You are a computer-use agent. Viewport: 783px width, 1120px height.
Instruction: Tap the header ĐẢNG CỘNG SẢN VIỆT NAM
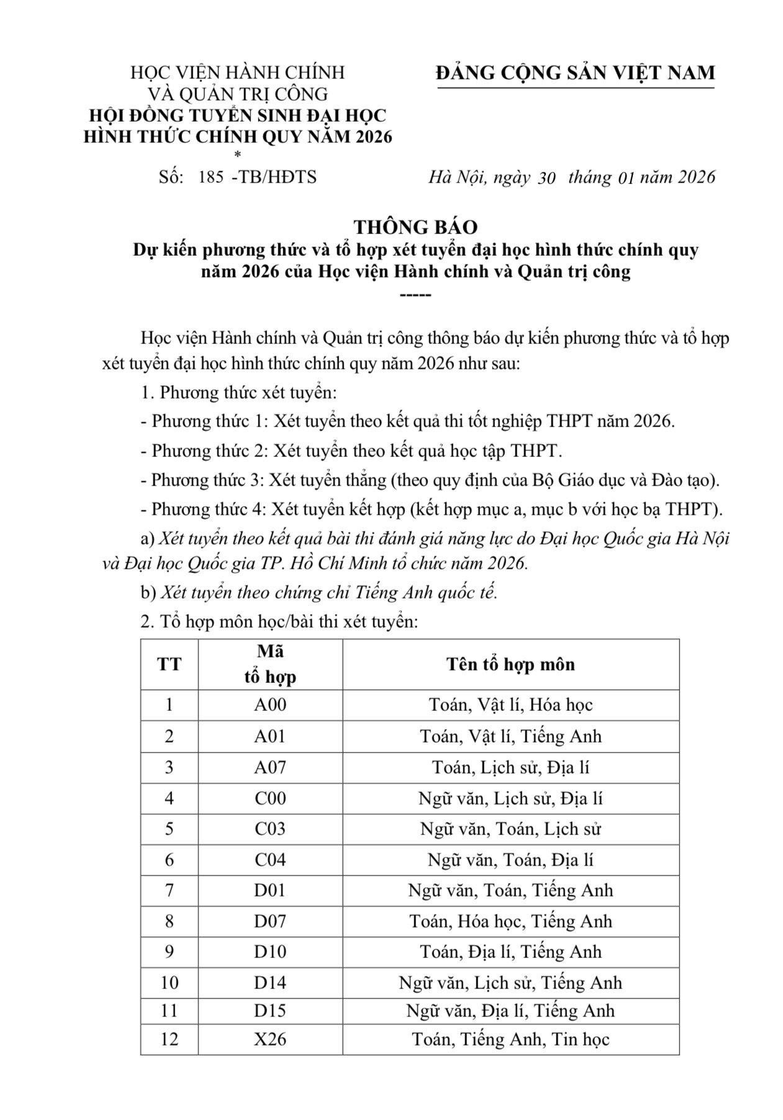[x=576, y=73]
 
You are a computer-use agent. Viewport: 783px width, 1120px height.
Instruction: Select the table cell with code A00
[x=270, y=705]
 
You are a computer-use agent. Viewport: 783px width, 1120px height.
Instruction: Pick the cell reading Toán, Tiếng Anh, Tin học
[x=510, y=1039]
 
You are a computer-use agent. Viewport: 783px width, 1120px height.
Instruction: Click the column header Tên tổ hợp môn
[x=510, y=664]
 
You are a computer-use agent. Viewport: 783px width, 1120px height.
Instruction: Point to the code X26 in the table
[x=270, y=1039]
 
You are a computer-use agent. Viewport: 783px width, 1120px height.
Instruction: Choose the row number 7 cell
[x=169, y=890]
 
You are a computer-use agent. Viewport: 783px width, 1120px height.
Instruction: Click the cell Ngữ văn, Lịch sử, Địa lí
[x=510, y=798]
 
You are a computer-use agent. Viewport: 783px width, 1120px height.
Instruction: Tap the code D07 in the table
[x=270, y=921]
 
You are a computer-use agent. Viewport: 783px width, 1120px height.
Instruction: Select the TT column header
[x=169, y=664]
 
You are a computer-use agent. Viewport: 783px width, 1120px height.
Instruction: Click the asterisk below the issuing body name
[x=238, y=155]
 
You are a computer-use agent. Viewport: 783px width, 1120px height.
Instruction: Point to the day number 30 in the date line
[x=546, y=178]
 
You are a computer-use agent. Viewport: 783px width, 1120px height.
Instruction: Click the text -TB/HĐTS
[x=273, y=177]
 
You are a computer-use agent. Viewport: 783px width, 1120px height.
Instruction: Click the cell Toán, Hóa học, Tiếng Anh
[x=510, y=921]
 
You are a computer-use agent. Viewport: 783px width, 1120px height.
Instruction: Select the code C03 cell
[x=270, y=829]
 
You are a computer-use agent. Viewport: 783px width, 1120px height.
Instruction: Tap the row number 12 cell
[x=169, y=1039]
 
